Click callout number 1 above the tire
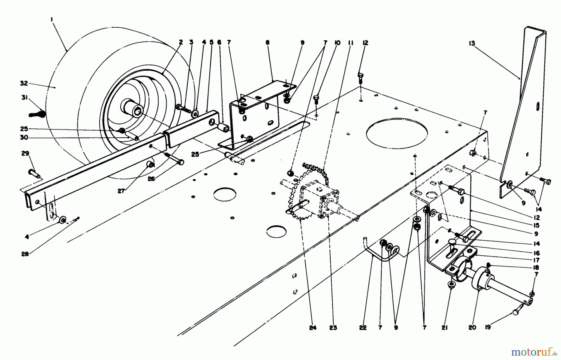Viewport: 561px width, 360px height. pos(52,19)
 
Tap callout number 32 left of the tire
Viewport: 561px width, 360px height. pos(24,83)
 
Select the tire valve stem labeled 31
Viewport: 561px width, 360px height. pos(37,114)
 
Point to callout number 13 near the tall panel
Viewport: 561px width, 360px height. pos(472,43)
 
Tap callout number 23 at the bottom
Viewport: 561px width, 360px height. pos(333,328)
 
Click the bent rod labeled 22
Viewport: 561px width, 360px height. pos(377,252)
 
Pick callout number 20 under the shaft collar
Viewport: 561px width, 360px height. pos(472,327)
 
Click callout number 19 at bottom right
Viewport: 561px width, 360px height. pos(488,327)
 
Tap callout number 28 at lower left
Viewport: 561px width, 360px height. pos(25,254)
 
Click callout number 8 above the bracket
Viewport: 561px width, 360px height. pos(267,42)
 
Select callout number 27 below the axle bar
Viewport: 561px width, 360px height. pos(121,191)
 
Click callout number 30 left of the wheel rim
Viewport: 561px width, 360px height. pos(24,137)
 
